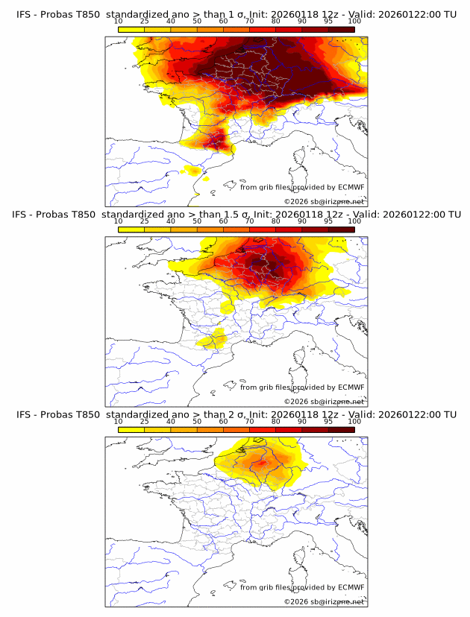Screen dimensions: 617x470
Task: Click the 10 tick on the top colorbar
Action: [119, 21]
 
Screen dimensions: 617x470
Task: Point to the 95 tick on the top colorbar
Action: [328, 21]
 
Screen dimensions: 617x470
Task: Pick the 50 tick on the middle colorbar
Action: [197, 221]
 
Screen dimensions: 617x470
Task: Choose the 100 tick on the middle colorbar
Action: [354, 221]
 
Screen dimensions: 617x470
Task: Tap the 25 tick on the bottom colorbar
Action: [145, 422]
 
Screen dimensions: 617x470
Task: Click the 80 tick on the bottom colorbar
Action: [276, 422]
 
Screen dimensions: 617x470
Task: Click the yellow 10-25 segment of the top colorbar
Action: [131, 29]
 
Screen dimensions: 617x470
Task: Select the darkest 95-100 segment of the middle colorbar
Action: [341, 230]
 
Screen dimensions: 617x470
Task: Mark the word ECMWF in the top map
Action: [351, 187]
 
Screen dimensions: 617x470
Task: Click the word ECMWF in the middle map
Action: [351, 387]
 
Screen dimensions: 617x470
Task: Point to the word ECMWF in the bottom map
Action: [351, 588]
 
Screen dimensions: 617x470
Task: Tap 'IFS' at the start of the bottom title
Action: [24, 414]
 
